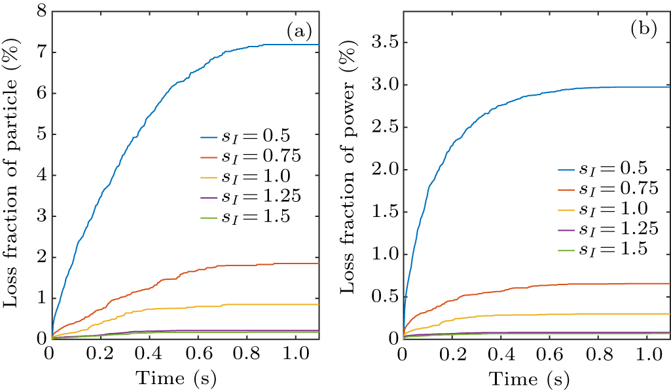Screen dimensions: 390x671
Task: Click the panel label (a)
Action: click(299, 29)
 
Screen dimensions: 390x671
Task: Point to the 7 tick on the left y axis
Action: click(39, 52)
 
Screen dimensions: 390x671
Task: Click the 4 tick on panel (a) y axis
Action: click(39, 176)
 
